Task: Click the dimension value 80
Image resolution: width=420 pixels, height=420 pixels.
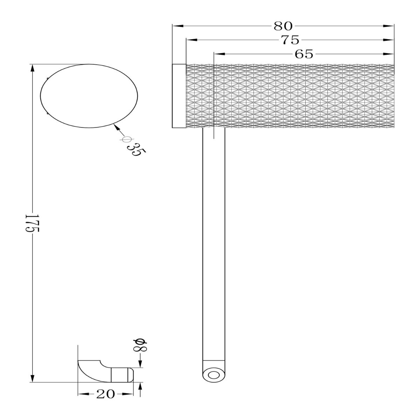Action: click(283, 26)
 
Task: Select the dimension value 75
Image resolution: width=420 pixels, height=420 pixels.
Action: click(290, 40)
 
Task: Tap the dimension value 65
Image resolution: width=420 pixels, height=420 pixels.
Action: click(304, 54)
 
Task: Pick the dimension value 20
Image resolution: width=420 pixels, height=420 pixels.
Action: click(105, 394)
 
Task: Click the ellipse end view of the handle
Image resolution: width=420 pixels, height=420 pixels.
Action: click(89, 96)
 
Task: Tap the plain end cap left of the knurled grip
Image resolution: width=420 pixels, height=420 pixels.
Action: click(179, 96)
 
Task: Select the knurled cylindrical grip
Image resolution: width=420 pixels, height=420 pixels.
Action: click(290, 96)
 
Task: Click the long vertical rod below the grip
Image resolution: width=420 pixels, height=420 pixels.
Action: click(214, 245)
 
